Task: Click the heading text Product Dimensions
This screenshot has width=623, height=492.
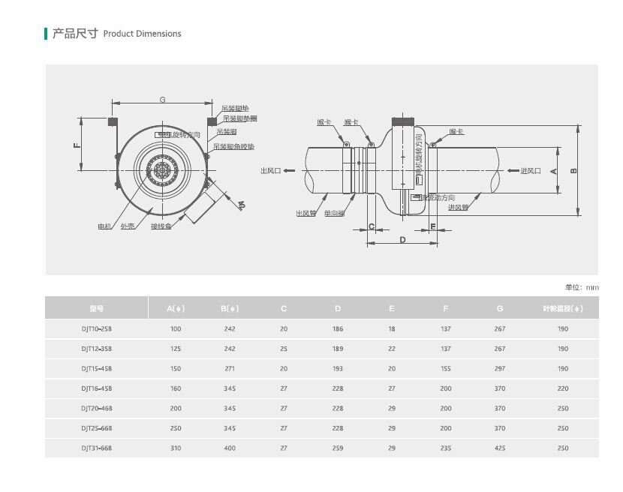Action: (142, 34)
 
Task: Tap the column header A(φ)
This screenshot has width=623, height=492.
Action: (176, 308)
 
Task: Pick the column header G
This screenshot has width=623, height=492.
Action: (500, 308)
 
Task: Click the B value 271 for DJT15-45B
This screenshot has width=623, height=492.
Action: (230, 369)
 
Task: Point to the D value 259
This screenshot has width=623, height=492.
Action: (338, 448)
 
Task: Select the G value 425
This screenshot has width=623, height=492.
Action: (500, 448)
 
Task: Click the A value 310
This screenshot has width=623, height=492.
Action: (176, 448)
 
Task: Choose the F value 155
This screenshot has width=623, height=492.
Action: (446, 369)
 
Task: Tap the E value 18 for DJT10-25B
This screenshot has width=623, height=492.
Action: (392, 329)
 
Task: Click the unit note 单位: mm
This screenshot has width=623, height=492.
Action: (582, 287)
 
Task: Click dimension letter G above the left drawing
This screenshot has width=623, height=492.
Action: (162, 100)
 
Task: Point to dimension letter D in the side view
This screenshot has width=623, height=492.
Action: (402, 240)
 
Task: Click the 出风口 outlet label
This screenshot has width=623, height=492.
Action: (270, 171)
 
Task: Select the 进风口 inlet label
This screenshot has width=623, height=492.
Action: (531, 171)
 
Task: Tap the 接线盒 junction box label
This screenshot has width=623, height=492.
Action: (161, 226)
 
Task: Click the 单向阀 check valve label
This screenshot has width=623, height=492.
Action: (334, 213)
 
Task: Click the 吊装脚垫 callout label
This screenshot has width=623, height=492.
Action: (235, 109)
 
